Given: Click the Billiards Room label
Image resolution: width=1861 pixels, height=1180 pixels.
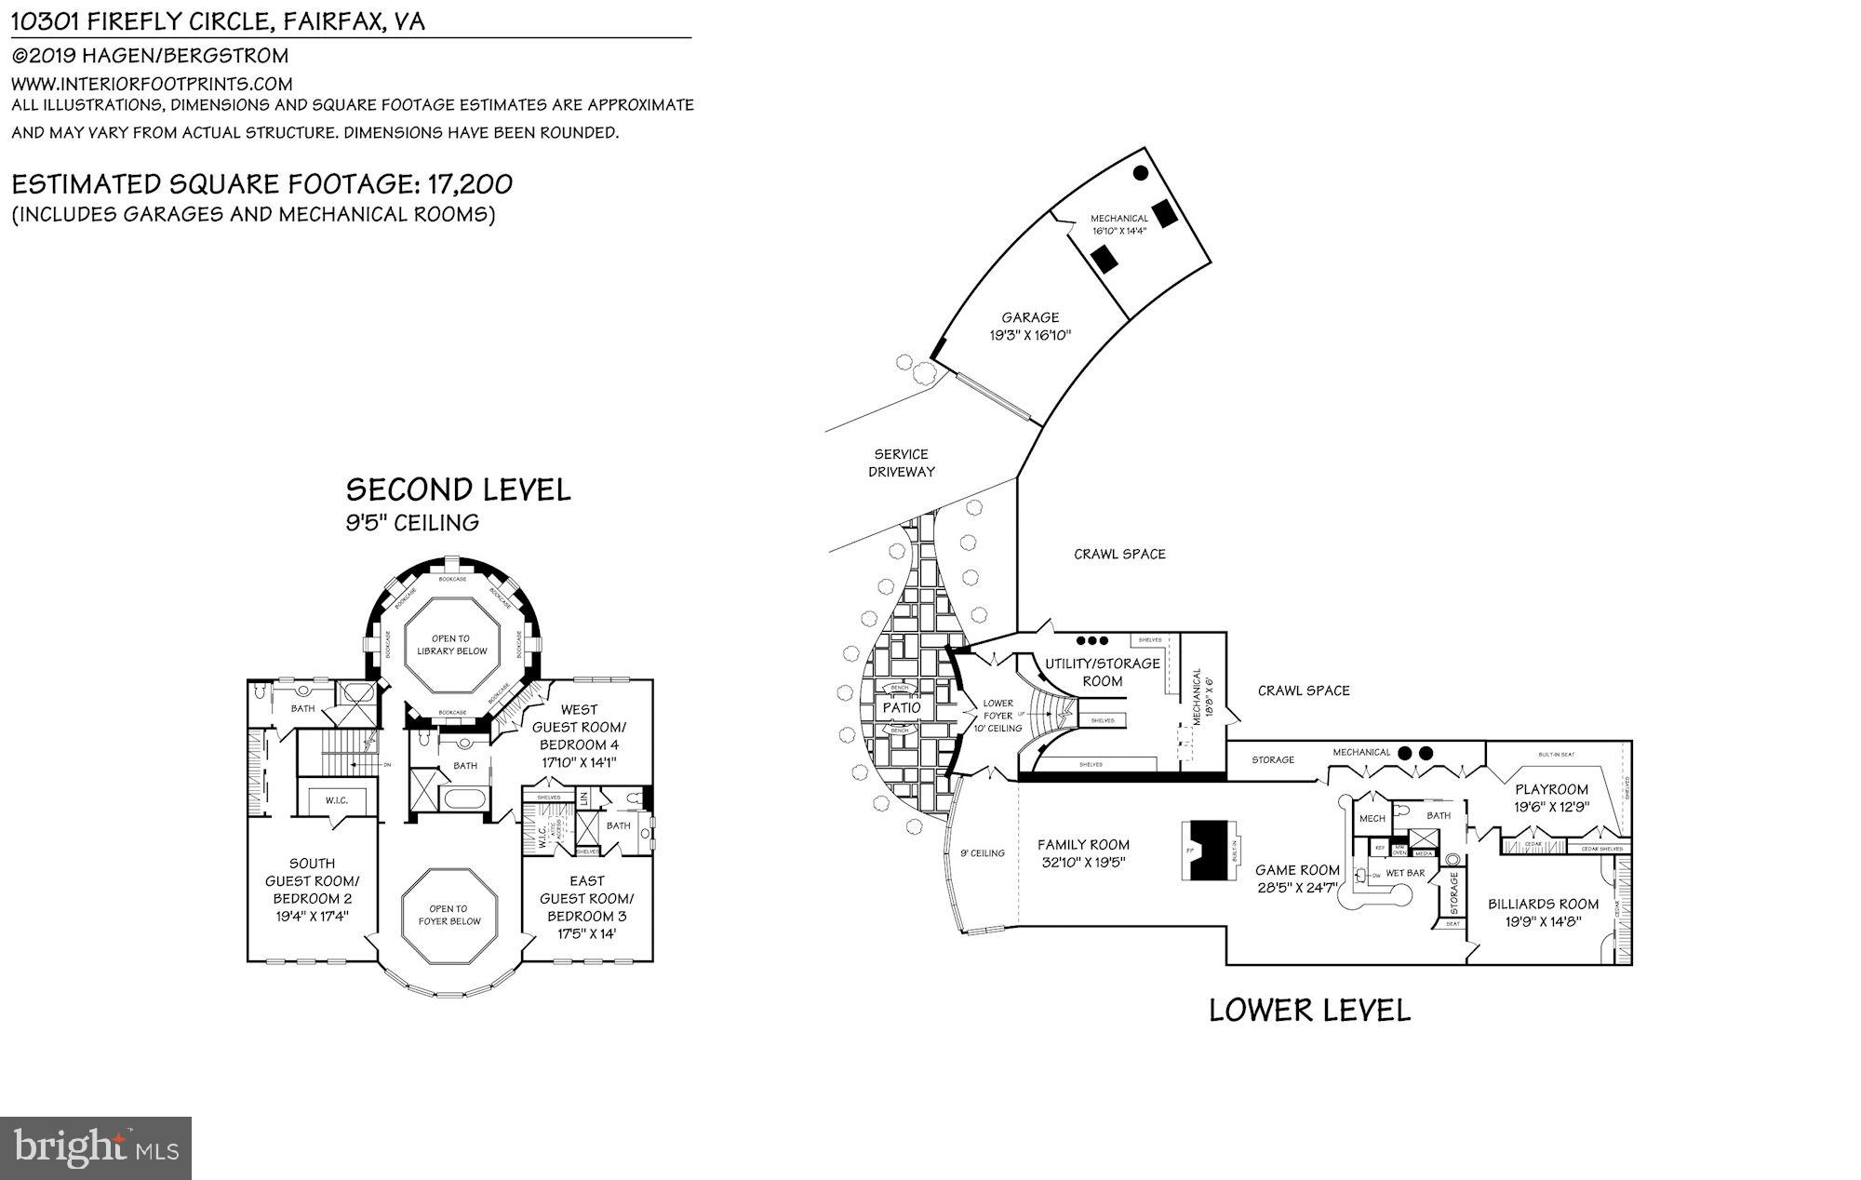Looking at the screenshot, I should click(1543, 904).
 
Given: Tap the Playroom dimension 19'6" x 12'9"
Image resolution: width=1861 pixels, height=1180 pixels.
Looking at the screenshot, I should click(1551, 807).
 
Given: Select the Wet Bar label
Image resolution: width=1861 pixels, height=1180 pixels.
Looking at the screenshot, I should click(1405, 873).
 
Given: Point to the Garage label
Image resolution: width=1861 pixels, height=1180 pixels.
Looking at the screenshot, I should click(1030, 317).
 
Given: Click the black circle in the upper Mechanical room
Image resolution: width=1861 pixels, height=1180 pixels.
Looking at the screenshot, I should click(1140, 172).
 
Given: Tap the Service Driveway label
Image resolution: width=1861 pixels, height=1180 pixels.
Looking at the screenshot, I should click(902, 463).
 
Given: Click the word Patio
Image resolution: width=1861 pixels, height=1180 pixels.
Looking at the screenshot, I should click(901, 707).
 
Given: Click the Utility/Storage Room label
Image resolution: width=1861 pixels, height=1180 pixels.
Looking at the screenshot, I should click(1102, 672).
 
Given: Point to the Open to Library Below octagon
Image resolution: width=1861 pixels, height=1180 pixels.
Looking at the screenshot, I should click(451, 645).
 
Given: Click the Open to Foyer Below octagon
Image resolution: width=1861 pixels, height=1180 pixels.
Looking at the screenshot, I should click(449, 915).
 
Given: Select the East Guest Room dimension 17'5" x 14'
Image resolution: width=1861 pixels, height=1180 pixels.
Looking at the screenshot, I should click(586, 933).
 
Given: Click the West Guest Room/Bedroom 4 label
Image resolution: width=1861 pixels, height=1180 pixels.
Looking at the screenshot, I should click(579, 727).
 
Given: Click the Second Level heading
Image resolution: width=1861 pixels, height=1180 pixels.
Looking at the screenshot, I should click(458, 489).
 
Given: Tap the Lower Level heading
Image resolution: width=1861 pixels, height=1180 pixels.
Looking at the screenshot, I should click(1309, 1010).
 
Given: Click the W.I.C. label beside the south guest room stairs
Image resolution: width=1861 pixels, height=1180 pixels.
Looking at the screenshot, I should click(336, 800).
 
